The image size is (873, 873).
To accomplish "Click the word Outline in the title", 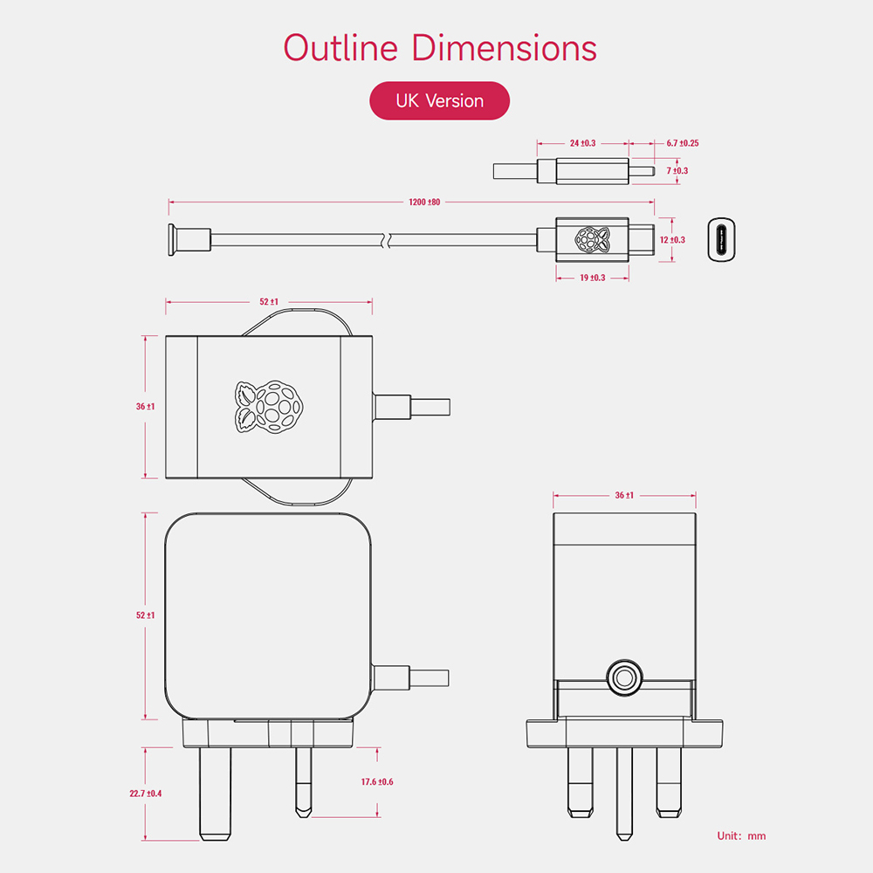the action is (340, 47).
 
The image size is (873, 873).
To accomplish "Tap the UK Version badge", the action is (439, 100).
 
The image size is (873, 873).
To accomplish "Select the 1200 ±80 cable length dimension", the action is (424, 203).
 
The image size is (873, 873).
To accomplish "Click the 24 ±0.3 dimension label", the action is (582, 143).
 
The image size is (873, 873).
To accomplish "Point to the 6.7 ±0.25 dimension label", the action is (683, 143).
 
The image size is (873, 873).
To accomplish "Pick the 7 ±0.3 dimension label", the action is (677, 171).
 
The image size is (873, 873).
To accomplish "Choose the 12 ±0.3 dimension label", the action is (672, 240).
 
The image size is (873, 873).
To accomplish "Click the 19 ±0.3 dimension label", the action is (593, 278).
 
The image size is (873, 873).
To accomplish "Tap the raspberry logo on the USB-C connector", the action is (593, 239).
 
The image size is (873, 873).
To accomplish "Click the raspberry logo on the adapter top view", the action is (269, 407).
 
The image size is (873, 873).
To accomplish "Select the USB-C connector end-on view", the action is (722, 239).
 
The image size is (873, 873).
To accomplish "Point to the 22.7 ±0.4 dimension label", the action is (145, 794).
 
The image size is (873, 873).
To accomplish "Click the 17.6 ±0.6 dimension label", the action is (377, 781).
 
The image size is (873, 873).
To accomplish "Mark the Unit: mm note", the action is (741, 835).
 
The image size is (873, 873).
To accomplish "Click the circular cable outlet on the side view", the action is (624, 677).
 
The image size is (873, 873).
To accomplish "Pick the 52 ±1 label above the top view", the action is (269, 302).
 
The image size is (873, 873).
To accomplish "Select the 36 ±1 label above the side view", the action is (624, 496).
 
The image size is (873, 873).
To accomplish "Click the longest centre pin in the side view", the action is (624, 794).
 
